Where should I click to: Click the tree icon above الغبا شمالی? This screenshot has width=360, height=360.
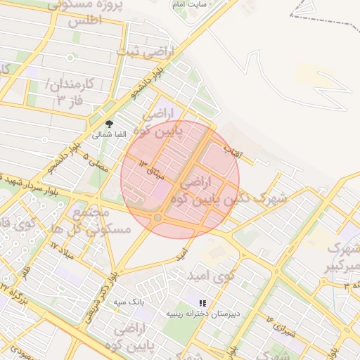click(108, 123)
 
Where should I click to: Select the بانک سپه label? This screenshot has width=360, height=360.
click(129, 300)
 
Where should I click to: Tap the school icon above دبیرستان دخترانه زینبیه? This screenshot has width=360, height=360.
click(203, 303)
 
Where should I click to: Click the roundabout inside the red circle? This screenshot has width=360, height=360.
click(157, 218)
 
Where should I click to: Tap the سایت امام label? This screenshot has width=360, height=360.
click(193, 5)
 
